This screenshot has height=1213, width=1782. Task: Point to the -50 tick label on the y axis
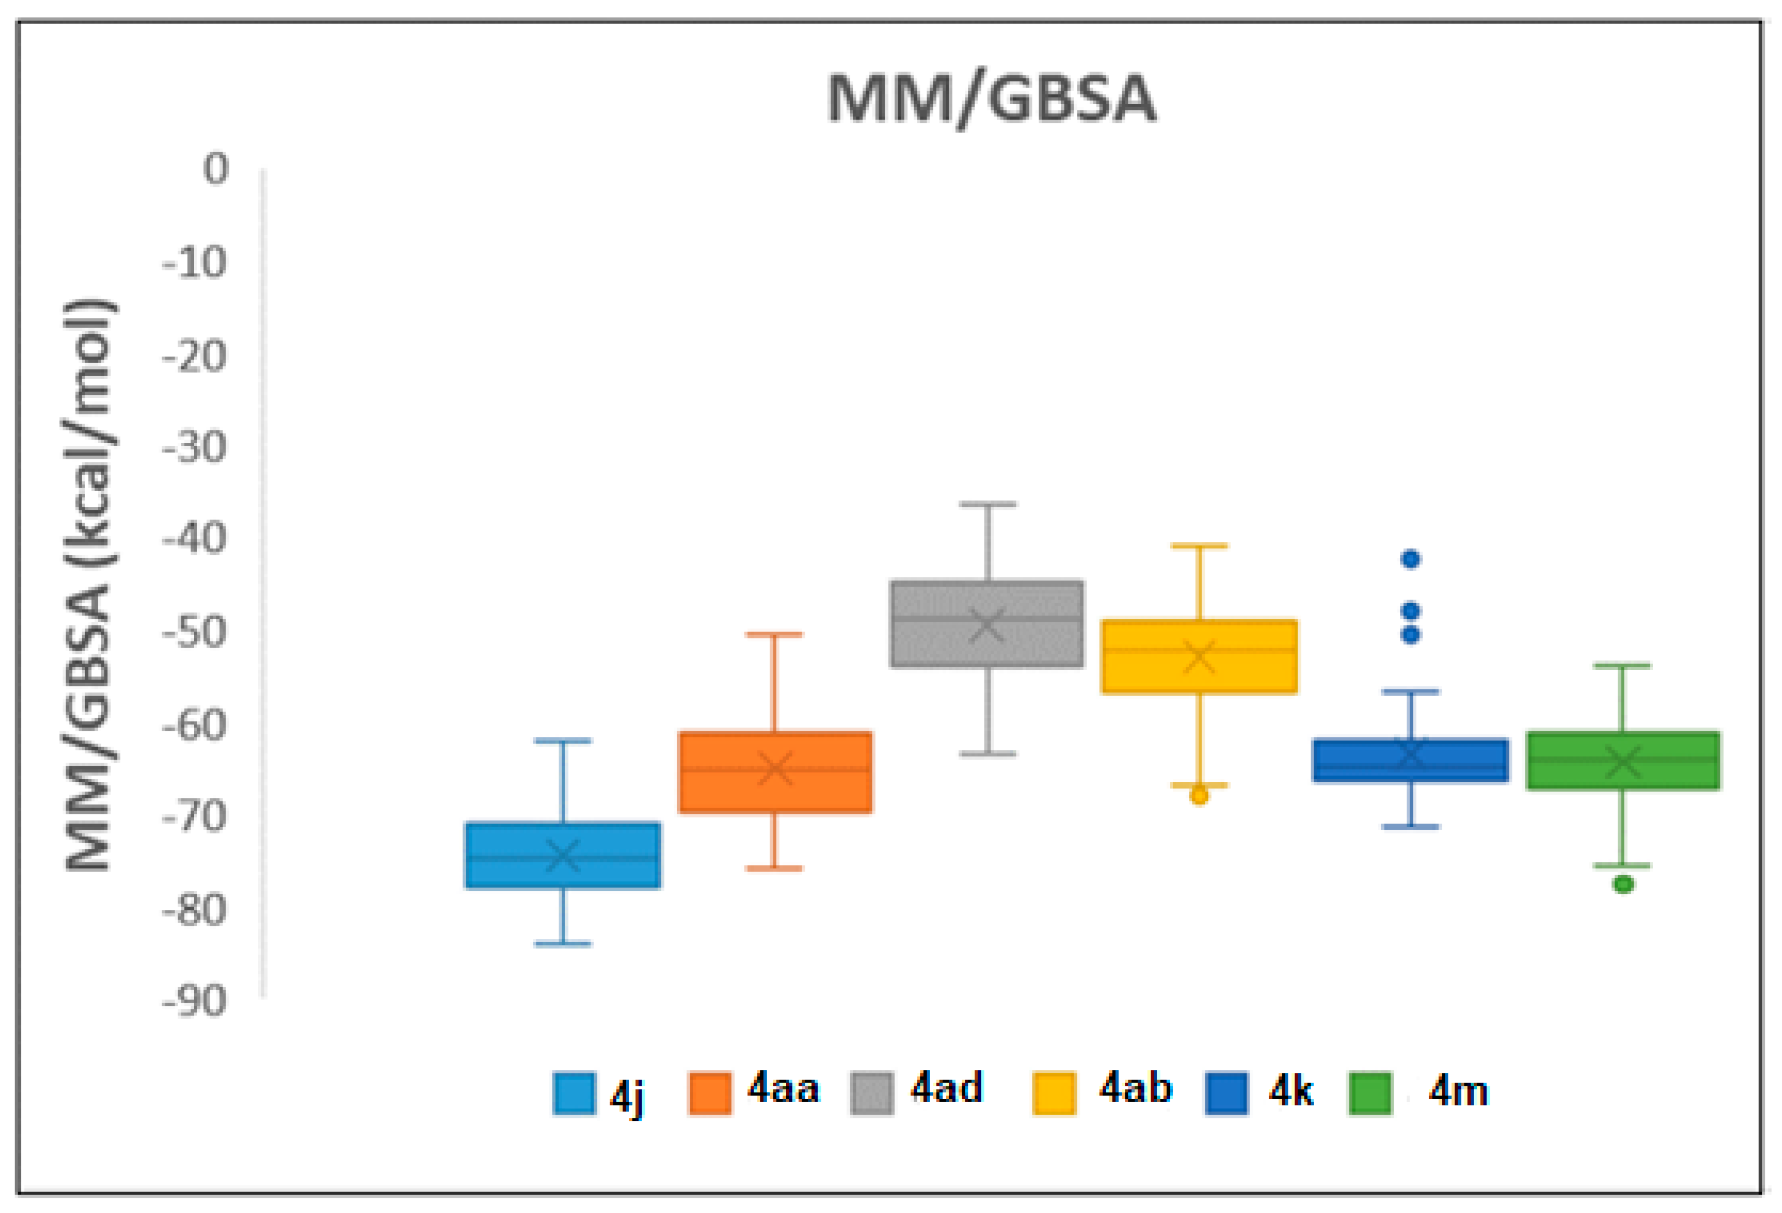[195, 632]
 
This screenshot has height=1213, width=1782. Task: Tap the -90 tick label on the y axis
[195, 1002]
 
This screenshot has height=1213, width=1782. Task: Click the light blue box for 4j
[563, 855]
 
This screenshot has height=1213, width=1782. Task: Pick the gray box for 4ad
[987, 623]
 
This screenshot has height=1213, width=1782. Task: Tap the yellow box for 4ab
[1199, 656]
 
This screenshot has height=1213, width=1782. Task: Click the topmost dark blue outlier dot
[1411, 559]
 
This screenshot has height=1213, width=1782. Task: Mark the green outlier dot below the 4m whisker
[1623, 884]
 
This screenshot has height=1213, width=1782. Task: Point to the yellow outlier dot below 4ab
[1199, 796]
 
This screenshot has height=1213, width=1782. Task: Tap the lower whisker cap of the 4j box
[563, 944]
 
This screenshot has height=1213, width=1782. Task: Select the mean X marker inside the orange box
[775, 768]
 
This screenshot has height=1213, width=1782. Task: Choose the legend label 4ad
[946, 1088]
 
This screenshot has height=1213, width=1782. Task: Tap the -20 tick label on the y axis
[195, 357]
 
